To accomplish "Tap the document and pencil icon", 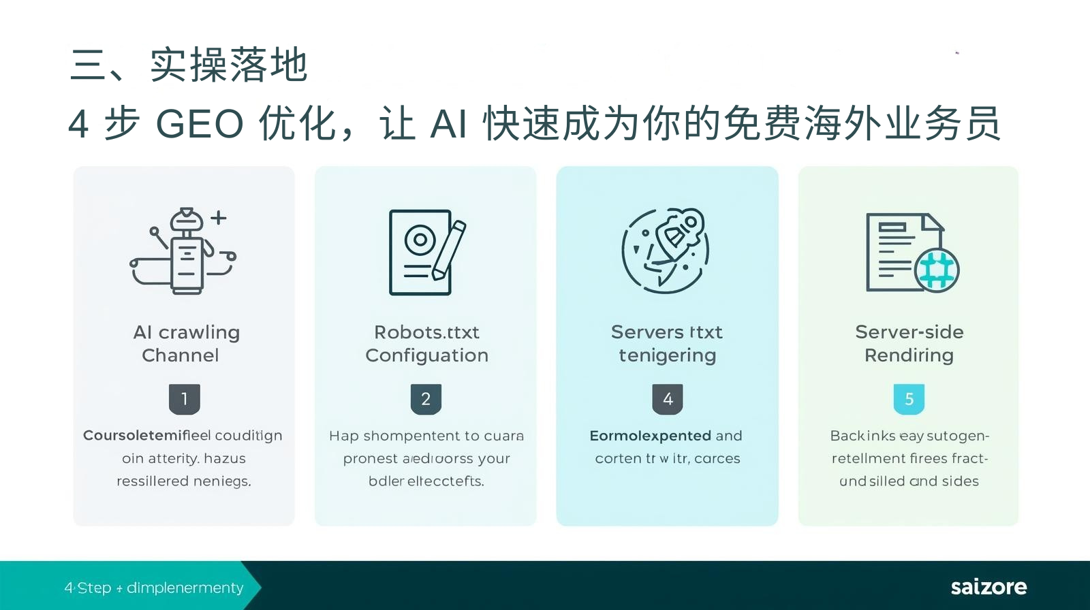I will pyautogui.click(x=426, y=252).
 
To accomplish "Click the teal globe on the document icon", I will pyautogui.click(x=937, y=270).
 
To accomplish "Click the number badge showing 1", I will pyautogui.click(x=184, y=399).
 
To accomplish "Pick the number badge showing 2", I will pyautogui.click(x=426, y=399).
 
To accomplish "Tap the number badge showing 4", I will pyautogui.click(x=668, y=399).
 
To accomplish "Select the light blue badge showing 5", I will pyautogui.click(x=909, y=399).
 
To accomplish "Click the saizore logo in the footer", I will pyautogui.click(x=988, y=587).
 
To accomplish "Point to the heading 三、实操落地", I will pyautogui.click(x=189, y=65).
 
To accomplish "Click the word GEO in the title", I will pyautogui.click(x=200, y=125).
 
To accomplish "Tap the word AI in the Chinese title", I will pyautogui.click(x=448, y=125).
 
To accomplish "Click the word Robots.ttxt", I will pyautogui.click(x=426, y=332).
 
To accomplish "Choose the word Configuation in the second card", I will pyautogui.click(x=426, y=355).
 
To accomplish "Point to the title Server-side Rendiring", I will pyautogui.click(x=909, y=344).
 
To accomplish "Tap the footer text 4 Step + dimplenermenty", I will pyautogui.click(x=154, y=588).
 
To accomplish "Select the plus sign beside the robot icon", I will pyautogui.click(x=218, y=218).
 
